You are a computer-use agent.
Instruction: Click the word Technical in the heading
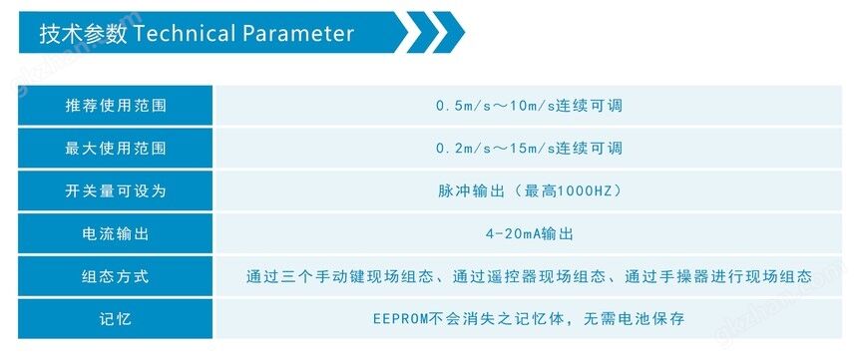(x=184, y=34)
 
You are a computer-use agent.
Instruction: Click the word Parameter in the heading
(x=298, y=34)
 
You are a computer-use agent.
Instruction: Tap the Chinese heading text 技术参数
(x=83, y=34)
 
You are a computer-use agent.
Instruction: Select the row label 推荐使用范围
(x=116, y=106)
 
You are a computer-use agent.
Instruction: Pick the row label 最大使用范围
(x=116, y=149)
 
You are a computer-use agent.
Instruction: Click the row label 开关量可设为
(x=116, y=190)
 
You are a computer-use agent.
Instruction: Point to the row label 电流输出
(x=116, y=233)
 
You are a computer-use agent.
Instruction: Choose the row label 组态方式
(x=116, y=276)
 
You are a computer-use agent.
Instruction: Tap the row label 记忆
(x=116, y=319)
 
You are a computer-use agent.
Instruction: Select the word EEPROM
(x=396, y=319)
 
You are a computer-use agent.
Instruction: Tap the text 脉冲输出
(x=471, y=190)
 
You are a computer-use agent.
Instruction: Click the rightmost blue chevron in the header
(x=449, y=32)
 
